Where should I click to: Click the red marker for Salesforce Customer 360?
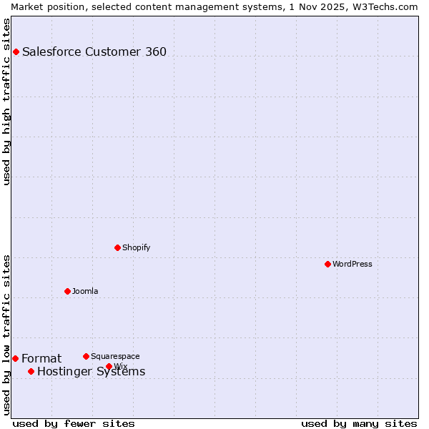tap(16, 51)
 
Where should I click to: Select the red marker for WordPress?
tap(327, 264)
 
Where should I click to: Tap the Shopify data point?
tap(117, 247)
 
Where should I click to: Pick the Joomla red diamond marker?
tap(67, 291)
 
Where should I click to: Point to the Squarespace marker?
tap(86, 356)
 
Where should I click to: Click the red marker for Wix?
tap(109, 366)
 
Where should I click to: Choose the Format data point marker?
tap(15, 358)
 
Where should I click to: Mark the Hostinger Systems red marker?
tap(31, 371)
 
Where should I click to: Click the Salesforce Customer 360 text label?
tap(94, 51)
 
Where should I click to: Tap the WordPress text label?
tap(352, 264)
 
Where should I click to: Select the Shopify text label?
tap(136, 247)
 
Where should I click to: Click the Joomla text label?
tap(85, 291)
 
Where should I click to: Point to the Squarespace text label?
tap(115, 356)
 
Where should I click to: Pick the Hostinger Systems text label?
tap(91, 372)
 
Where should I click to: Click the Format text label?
tap(41, 358)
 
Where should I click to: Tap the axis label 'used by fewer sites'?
tap(74, 423)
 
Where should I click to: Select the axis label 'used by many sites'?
tap(359, 423)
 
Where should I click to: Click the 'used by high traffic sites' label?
tap(6, 102)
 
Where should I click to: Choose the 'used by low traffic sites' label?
tap(6, 334)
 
